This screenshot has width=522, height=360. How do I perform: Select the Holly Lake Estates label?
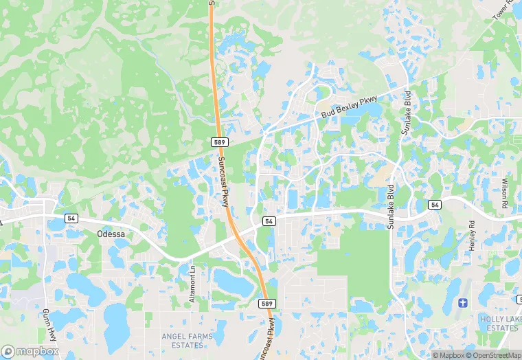point(499,323)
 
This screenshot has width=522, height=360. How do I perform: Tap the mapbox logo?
point(30,350)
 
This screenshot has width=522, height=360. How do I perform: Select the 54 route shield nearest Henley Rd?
point(433,205)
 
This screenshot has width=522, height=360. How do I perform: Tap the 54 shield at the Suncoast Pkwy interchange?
point(269,221)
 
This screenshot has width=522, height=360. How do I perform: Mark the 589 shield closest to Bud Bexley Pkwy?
point(219,142)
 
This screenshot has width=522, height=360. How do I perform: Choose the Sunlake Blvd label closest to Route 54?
point(391,205)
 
